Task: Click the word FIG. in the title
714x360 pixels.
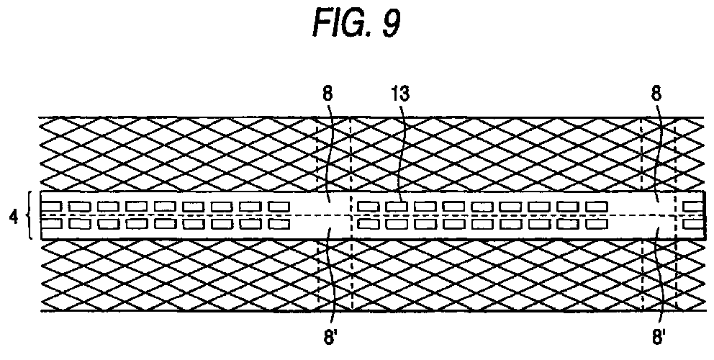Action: (x=340, y=23)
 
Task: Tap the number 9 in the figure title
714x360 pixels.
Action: (x=391, y=23)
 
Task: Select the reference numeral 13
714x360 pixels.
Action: (x=399, y=94)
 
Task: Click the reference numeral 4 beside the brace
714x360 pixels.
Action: (x=14, y=217)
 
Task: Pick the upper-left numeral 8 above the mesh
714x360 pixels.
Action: (x=327, y=94)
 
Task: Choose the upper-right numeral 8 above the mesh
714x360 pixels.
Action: (x=656, y=94)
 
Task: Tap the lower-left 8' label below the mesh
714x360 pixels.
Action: (x=329, y=338)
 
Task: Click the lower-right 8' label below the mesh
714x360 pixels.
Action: (x=659, y=338)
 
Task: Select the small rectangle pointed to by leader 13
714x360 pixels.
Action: (x=397, y=207)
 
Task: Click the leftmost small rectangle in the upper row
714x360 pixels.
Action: (x=50, y=207)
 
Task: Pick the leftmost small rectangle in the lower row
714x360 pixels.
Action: (x=51, y=224)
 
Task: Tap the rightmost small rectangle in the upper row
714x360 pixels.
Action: (x=694, y=207)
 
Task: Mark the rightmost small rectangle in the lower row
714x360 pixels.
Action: (x=694, y=224)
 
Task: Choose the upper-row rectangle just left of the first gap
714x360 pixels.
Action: (x=279, y=207)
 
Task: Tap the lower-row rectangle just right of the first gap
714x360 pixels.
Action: (x=369, y=224)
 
